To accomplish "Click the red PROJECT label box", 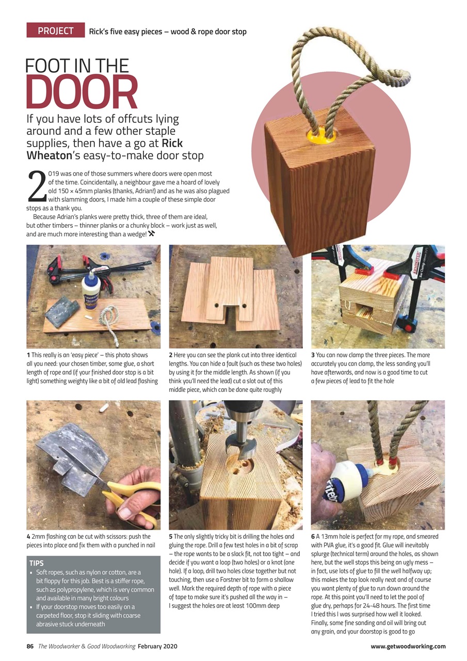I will (55, 31).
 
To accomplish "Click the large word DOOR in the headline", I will (82, 93).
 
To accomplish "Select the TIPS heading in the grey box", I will (37, 563).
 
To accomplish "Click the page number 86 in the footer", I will (30, 646).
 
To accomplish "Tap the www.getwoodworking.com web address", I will (408, 646).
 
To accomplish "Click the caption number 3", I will (313, 355).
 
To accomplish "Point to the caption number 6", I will (313, 537).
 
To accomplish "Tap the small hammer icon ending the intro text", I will (152, 234).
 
